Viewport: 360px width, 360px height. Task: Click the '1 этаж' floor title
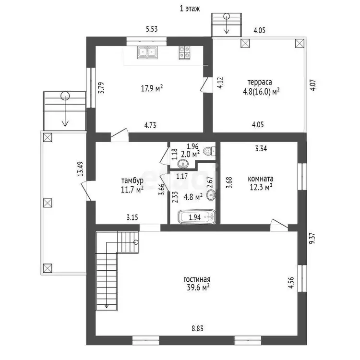(190, 9)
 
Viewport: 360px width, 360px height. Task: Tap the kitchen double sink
(147, 53)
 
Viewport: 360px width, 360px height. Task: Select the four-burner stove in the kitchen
(184, 53)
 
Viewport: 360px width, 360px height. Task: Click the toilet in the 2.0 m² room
(209, 151)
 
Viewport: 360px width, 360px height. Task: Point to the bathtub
(197, 216)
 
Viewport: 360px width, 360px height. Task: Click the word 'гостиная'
(197, 279)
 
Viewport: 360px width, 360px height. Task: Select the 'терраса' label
(260, 82)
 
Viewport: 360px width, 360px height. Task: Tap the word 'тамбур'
(132, 180)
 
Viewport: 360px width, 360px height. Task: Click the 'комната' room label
(261, 179)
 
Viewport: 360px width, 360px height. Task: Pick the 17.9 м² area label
(152, 88)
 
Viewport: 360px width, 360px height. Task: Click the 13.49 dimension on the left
(80, 169)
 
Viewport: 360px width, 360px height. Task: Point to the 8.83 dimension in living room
(197, 328)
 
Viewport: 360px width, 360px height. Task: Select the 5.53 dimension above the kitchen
(152, 29)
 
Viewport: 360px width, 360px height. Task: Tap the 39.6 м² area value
(198, 288)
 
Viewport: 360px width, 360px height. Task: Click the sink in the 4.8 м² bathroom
(211, 195)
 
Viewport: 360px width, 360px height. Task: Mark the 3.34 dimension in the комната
(261, 148)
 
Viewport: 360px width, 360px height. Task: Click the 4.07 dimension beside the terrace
(313, 85)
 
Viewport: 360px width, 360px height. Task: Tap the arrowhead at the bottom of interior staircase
(107, 306)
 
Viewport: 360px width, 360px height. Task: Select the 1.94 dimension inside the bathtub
(195, 217)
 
